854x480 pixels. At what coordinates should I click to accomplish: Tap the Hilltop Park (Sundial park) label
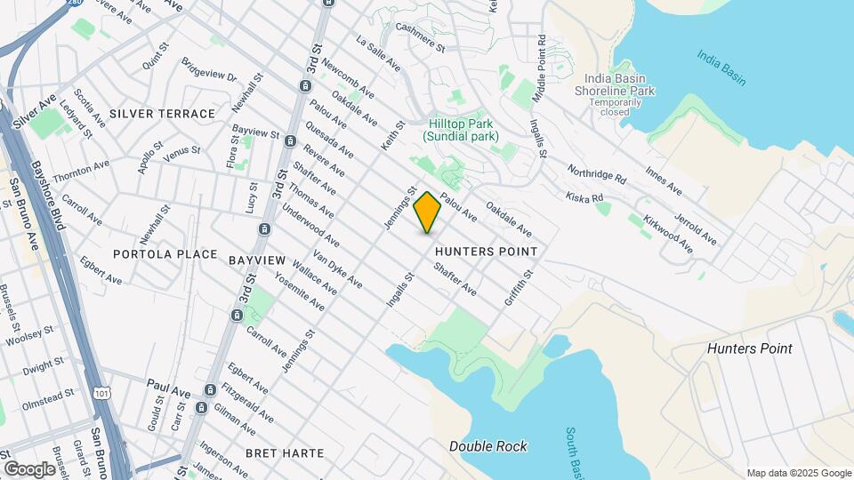coord(460,130)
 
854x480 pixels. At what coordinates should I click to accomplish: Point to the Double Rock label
coord(487,446)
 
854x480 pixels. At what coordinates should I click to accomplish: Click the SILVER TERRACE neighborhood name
coord(162,114)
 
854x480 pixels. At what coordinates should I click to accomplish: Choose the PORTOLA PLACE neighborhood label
coord(165,254)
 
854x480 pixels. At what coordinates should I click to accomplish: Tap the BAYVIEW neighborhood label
coord(256,260)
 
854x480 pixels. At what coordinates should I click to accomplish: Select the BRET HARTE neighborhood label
coord(284,453)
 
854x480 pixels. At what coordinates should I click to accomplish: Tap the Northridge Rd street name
coord(597,172)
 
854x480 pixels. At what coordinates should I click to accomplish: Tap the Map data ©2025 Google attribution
coord(798,473)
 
